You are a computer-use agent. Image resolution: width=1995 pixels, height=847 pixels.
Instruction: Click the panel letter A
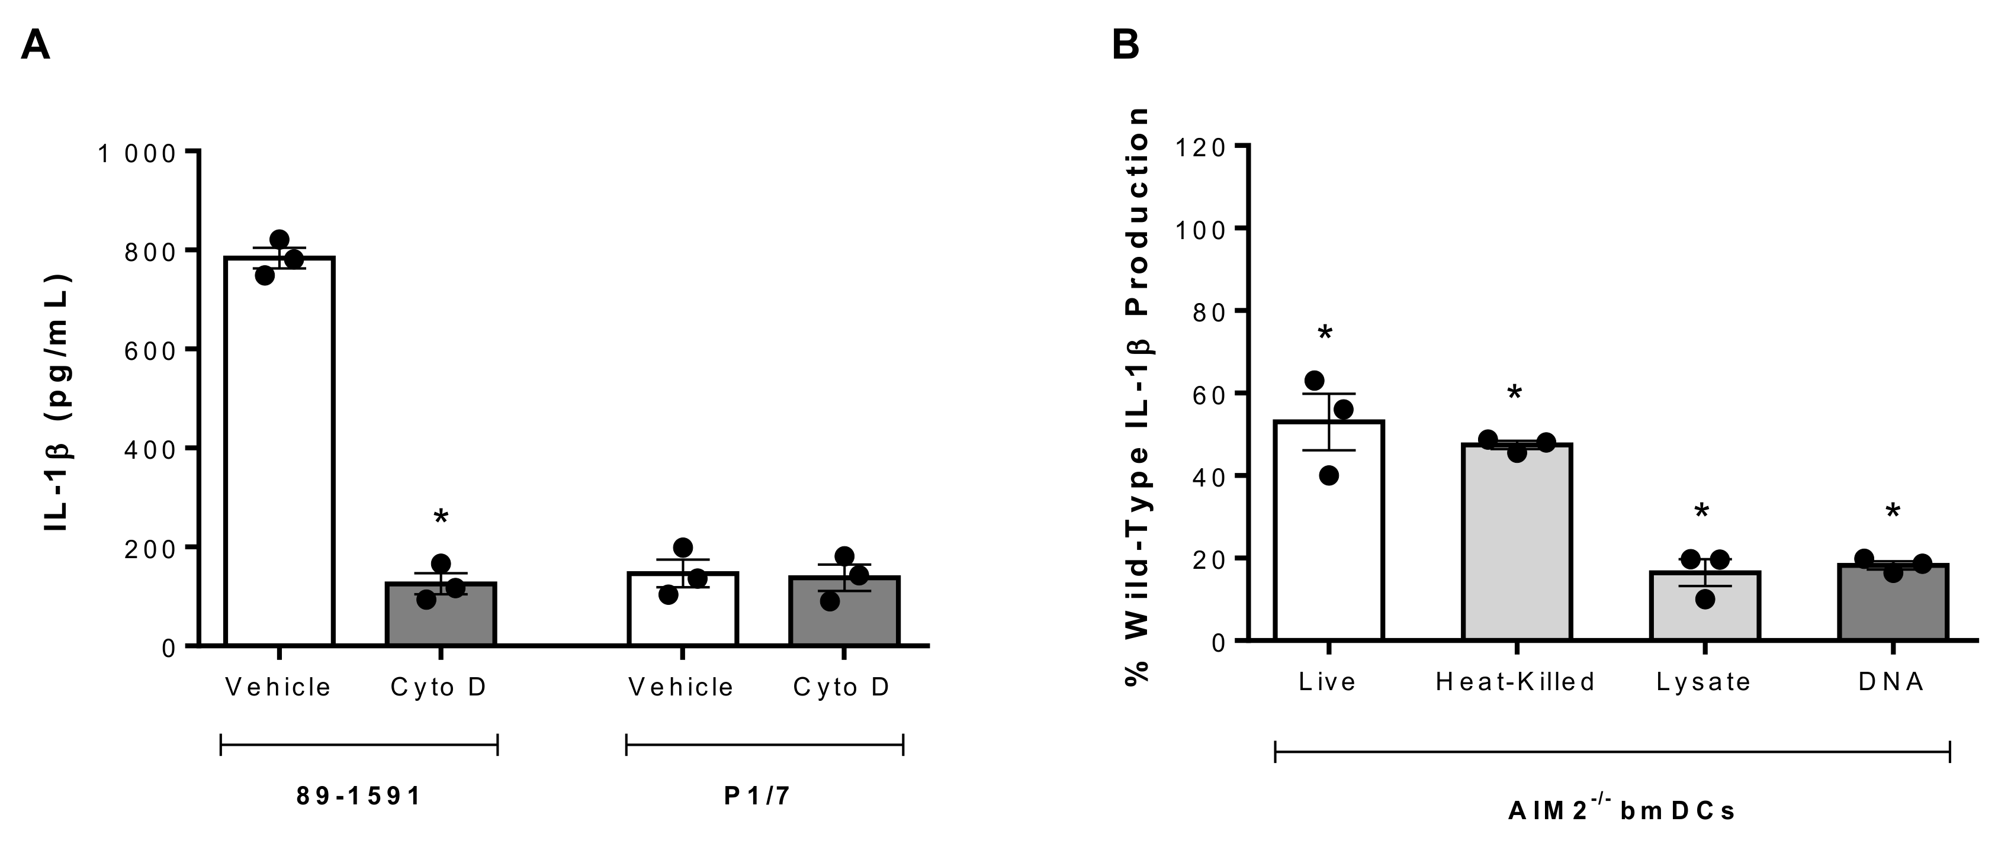point(35,45)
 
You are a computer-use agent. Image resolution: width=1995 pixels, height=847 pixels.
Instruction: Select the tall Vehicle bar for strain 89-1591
point(279,465)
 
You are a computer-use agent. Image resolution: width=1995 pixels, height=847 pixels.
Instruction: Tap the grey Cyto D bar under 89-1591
point(441,619)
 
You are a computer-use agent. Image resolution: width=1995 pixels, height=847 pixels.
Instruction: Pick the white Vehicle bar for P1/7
point(682,616)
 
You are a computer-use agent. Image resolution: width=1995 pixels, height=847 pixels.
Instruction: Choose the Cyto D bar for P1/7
point(844,617)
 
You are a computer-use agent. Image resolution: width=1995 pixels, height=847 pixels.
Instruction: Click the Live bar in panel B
point(1329,542)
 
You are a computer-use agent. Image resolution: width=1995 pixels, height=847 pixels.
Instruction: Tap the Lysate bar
point(1705,611)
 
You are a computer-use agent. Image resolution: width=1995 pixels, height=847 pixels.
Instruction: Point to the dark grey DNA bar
point(1892,608)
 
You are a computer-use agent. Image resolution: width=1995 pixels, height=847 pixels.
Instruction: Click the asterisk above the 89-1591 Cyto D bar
point(441,516)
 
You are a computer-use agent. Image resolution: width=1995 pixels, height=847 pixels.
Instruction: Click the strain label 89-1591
point(359,796)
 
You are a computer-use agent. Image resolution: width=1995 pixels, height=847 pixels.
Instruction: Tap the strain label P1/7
point(757,796)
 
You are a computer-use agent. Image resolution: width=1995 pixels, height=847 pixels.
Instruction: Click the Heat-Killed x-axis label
point(1515,681)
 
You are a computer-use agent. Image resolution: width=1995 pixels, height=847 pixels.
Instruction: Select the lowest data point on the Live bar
point(1329,475)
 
